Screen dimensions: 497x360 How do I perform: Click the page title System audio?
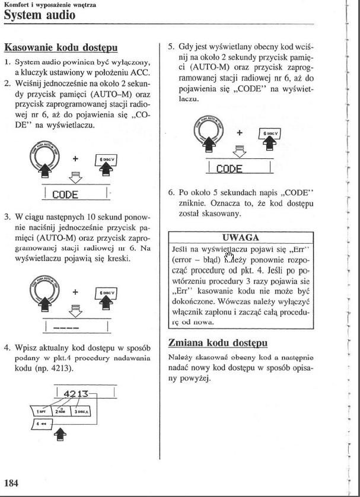click(x=39, y=15)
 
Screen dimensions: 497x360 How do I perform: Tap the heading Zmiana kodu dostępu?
click(x=218, y=343)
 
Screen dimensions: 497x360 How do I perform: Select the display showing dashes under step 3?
click(x=76, y=326)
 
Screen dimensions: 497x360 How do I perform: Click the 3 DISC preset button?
click(x=83, y=410)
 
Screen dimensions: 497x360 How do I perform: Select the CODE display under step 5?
click(x=237, y=168)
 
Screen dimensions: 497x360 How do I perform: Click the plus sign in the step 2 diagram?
click(x=75, y=159)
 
